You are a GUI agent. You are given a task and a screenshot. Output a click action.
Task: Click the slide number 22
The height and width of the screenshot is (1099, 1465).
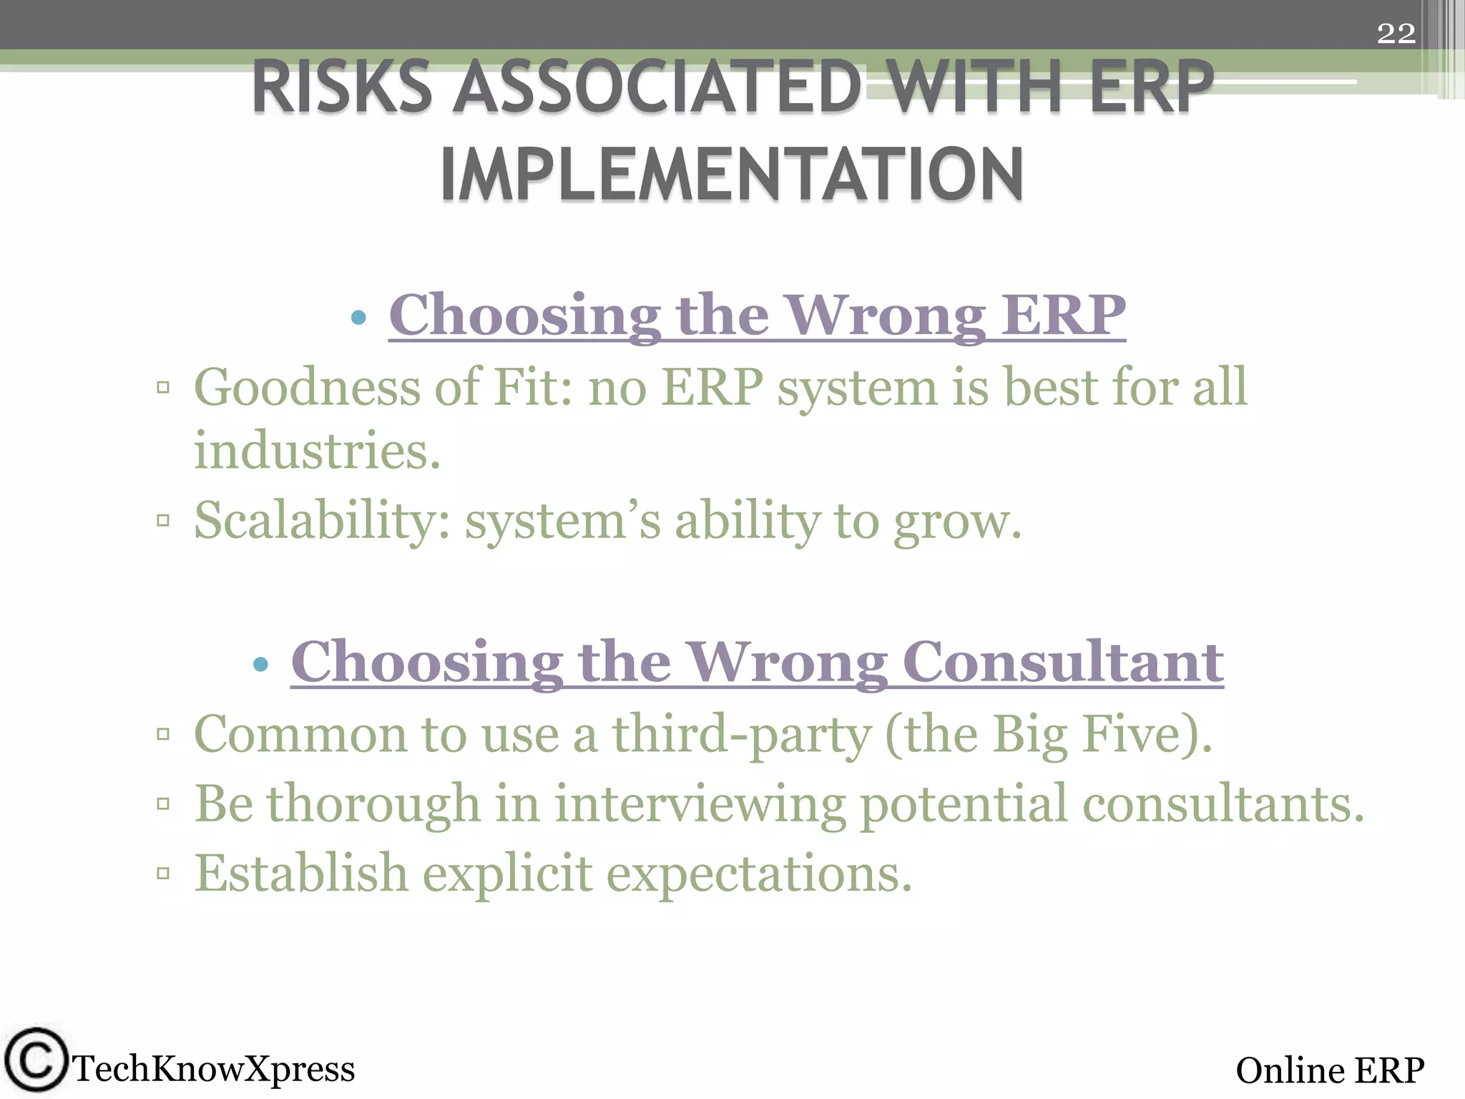(1396, 34)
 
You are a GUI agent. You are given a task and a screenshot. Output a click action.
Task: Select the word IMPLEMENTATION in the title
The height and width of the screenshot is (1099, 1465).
(732, 175)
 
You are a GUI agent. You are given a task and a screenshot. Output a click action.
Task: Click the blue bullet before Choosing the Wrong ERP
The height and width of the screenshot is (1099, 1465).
(359, 317)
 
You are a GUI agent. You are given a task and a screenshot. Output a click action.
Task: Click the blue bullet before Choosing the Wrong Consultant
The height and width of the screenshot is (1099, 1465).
(261, 665)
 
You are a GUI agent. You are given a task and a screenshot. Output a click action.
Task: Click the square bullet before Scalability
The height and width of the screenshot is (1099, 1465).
(163, 520)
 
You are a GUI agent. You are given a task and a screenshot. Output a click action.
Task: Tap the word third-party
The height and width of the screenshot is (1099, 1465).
(741, 736)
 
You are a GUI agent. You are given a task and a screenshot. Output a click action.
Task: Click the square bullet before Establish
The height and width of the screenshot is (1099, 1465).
(163, 873)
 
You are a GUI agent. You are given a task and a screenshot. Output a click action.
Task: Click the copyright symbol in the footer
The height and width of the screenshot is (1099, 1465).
(35, 1060)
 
